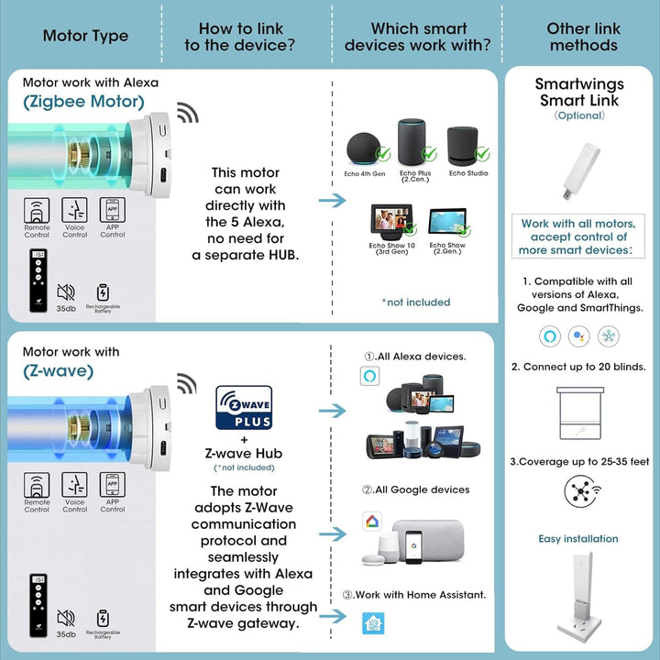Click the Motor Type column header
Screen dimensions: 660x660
tap(85, 37)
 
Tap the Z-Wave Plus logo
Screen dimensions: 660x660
tap(243, 408)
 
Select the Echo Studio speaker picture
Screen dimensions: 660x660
tap(468, 147)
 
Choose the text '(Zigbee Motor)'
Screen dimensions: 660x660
tap(83, 102)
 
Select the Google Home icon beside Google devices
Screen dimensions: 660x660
tap(369, 521)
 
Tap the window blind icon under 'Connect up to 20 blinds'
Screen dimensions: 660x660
tap(583, 414)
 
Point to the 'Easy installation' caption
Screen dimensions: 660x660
tap(578, 539)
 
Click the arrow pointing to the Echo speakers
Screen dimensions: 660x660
tap(332, 200)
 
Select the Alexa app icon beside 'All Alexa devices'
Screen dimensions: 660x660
tap(369, 377)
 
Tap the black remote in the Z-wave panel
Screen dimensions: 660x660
tap(37, 609)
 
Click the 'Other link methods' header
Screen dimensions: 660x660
tap(582, 37)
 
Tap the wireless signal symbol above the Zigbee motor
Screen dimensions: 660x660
tap(186, 114)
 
